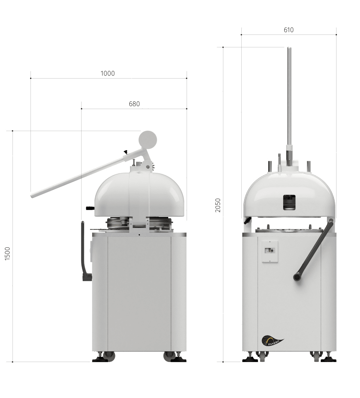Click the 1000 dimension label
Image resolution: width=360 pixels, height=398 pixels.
[108, 73]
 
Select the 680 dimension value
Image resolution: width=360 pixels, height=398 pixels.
[134, 104]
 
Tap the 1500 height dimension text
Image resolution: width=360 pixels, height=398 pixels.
[8, 254]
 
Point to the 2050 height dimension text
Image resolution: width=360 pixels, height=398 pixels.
[218, 205]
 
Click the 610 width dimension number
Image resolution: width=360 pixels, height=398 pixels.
[289, 30]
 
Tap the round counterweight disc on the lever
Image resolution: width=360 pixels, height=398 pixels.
[148, 139]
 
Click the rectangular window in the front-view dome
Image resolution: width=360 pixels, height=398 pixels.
[289, 202]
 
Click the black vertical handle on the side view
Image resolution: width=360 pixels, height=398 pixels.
[83, 250]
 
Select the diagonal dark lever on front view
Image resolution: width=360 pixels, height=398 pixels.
[314, 249]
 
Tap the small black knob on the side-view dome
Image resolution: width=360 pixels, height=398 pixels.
[90, 208]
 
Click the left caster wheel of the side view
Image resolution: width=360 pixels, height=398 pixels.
[108, 355]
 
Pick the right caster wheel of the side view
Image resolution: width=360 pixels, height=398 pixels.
[169, 355]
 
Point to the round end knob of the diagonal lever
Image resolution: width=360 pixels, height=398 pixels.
[297, 277]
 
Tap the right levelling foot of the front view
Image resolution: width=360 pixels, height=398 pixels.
[328, 359]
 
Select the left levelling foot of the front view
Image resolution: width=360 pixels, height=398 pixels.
[250, 359]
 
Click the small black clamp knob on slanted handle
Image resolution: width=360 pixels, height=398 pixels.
[126, 152]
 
